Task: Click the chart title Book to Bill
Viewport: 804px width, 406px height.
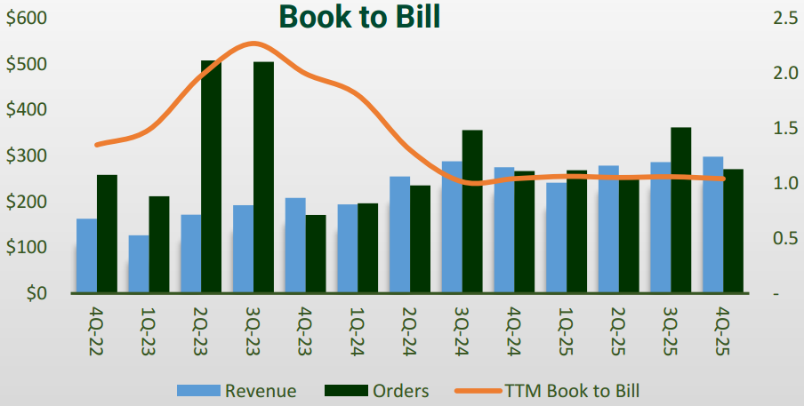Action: point(359,17)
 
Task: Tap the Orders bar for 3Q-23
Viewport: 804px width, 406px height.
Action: point(263,177)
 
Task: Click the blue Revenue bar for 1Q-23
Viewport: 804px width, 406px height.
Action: point(138,264)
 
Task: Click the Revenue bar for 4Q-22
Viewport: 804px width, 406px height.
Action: point(86,256)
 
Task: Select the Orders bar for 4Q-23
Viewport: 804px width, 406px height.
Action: point(316,253)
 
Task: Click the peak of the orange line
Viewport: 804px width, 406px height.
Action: point(253,43)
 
